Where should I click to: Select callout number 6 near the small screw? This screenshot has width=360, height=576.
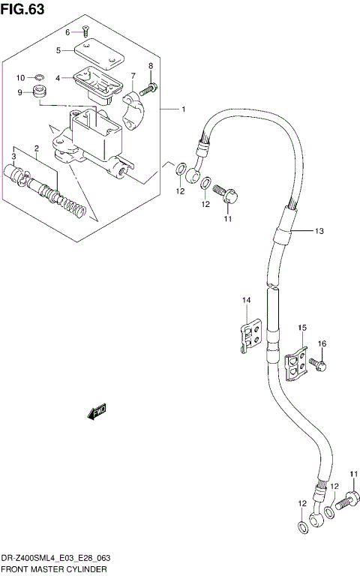pyautogui.click(x=67, y=32)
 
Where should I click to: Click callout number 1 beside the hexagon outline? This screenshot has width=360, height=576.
pyautogui.click(x=183, y=109)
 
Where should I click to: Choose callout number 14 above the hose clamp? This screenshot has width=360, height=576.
pyautogui.click(x=245, y=301)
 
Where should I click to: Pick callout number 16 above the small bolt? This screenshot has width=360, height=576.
pyautogui.click(x=322, y=343)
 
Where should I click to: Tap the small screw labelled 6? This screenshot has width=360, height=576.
pyautogui.click(x=84, y=31)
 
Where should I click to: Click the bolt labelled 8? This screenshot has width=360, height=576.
pyautogui.click(x=151, y=88)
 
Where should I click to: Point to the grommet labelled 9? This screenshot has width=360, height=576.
pyautogui.click(x=39, y=93)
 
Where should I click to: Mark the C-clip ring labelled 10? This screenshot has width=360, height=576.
pyautogui.click(x=40, y=76)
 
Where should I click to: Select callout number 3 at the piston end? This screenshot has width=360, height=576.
pyautogui.click(x=13, y=155)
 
